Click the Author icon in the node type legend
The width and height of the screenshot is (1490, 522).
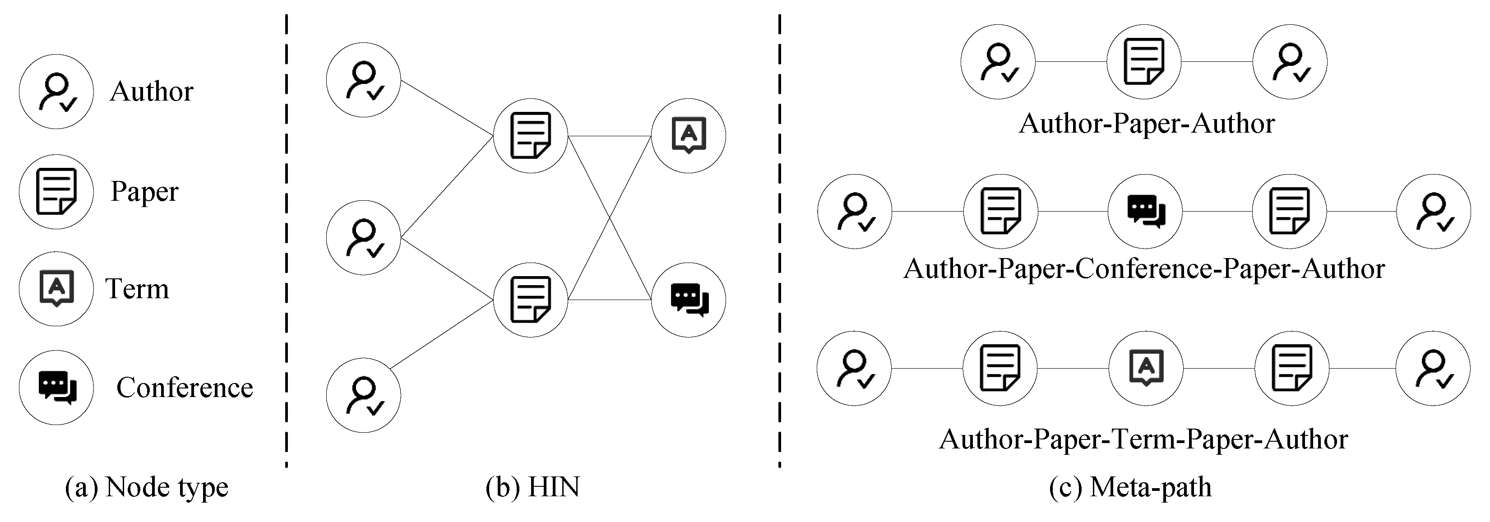[56, 91]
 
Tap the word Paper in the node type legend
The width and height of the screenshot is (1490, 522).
[144, 191]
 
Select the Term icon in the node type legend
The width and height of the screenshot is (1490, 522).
[56, 288]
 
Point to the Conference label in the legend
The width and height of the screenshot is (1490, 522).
[185, 387]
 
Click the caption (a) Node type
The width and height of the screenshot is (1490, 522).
[146, 487]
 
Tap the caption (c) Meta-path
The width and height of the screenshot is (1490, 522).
[1129, 487]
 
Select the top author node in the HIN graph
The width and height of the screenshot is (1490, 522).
[363, 80]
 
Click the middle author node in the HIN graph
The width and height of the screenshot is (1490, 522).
[363, 238]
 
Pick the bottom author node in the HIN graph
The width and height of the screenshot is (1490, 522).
[363, 395]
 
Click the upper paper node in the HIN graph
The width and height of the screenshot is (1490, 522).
[530, 136]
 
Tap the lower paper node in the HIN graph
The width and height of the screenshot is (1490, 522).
[530, 300]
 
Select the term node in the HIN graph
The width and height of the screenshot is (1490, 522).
[688, 136]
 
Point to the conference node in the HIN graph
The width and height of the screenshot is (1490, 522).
[688, 300]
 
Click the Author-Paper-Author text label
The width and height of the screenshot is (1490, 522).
[1147, 124]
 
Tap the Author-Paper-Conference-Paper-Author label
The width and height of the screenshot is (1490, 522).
[1143, 269]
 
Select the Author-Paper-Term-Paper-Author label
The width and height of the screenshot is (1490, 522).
[1143, 439]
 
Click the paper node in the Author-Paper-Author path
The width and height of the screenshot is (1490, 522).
[1143, 61]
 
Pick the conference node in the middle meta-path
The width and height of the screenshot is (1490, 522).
[1145, 212]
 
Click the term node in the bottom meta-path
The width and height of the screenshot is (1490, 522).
[1146, 368]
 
